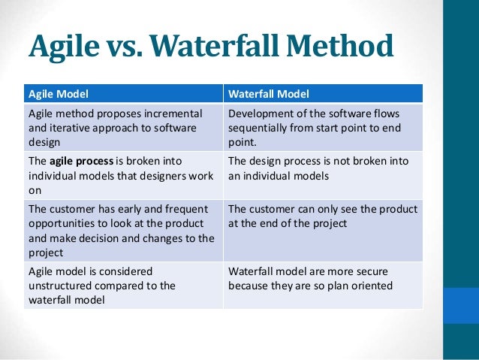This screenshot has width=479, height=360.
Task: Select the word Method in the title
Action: point(345,48)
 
